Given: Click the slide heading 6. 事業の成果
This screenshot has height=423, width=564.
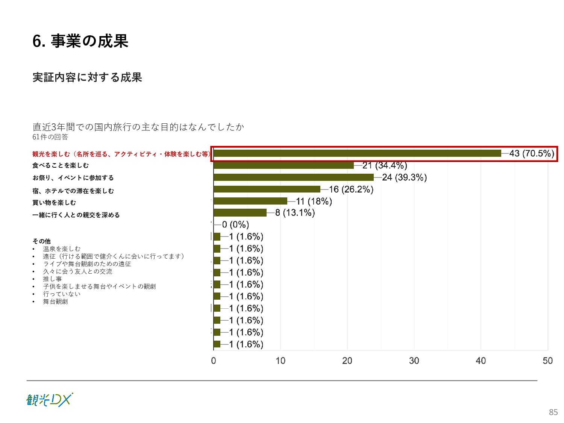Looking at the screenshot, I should tap(80, 41).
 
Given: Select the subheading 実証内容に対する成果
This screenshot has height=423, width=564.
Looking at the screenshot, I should tap(87, 77).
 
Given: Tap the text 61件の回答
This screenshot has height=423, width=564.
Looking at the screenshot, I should tap(50, 137).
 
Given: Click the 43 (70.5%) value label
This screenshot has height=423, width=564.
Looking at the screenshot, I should tap(531, 153).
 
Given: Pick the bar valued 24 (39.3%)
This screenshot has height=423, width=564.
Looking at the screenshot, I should tap(294, 177).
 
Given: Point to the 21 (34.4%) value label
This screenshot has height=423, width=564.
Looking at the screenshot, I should tap(384, 165).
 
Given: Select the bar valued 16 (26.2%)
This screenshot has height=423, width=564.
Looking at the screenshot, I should tap(267, 189).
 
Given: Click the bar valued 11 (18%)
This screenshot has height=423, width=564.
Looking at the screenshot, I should tap(250, 201).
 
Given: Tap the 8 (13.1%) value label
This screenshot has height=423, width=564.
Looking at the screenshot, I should tap(295, 213).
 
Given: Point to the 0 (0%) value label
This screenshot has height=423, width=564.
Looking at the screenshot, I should tap(235, 225).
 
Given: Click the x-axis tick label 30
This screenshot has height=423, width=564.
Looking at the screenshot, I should tap(414, 361).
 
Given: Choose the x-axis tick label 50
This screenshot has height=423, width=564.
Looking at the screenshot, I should tap(547, 361).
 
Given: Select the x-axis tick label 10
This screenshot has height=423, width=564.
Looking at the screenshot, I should tap(280, 361).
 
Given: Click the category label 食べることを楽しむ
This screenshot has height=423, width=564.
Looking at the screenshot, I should tap(61, 165).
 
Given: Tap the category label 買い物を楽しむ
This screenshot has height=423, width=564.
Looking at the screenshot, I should tap(54, 203).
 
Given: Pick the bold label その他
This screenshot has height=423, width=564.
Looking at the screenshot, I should tap(41, 241).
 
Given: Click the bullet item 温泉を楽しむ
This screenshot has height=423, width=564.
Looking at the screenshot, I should tap(62, 249).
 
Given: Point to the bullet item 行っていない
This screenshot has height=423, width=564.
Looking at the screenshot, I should tap(62, 294).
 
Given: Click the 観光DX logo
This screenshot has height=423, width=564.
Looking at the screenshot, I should tap(50, 400).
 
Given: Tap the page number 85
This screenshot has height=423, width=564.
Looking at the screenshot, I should tap(553, 412).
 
